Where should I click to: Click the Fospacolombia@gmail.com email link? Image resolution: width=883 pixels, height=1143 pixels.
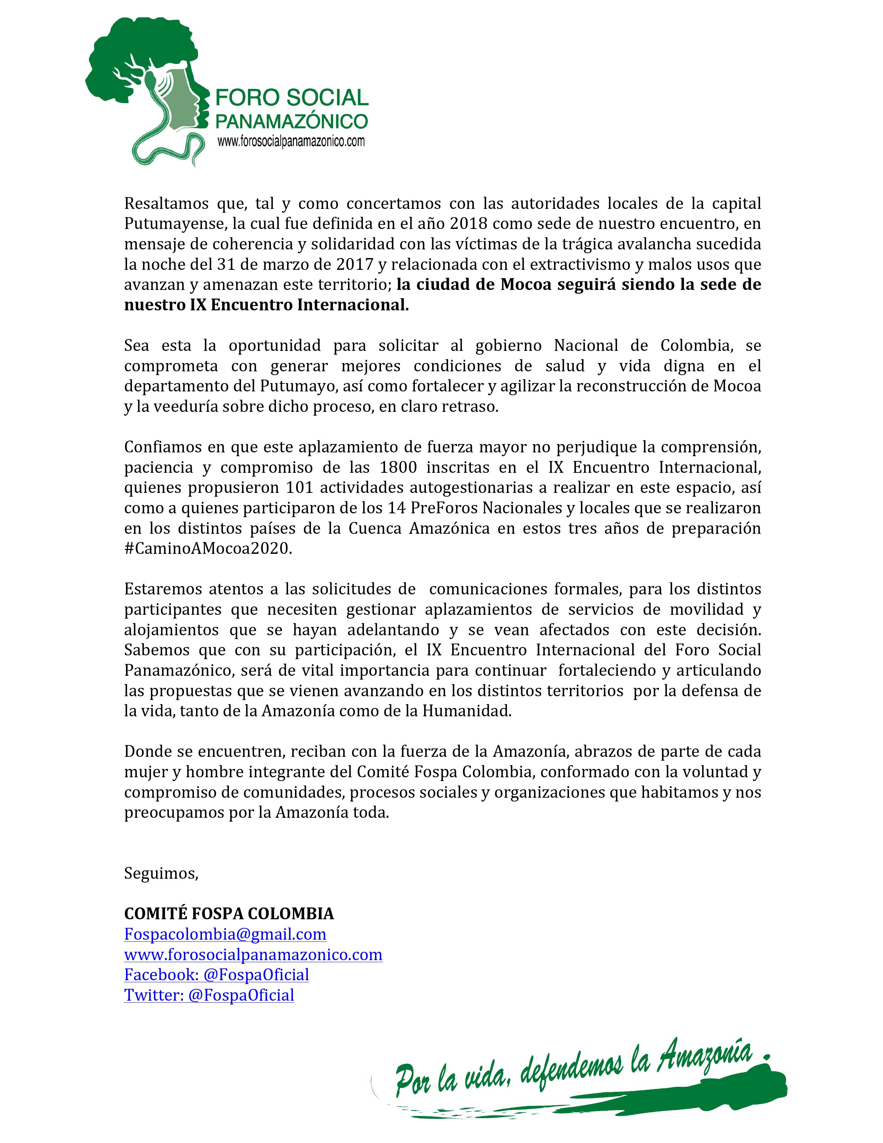click(225, 934)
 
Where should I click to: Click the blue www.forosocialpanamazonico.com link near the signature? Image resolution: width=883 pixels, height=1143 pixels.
click(253, 955)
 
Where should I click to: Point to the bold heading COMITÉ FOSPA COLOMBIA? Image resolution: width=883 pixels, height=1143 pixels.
click(229, 914)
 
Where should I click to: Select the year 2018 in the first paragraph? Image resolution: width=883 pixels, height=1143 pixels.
click(468, 223)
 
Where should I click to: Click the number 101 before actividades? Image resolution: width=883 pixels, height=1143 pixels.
click(299, 487)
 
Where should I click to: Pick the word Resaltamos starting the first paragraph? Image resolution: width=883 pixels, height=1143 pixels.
click(162, 203)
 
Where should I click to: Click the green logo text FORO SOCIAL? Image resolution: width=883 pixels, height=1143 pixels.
click(292, 97)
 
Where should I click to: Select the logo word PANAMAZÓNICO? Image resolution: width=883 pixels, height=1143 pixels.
click(292, 122)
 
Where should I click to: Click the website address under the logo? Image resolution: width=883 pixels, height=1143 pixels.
click(291, 141)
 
